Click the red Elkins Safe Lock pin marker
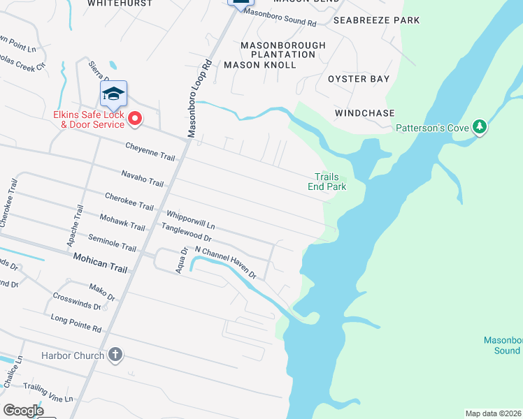click(134, 120)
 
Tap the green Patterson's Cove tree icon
click(479, 127)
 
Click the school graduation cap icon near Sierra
click(113, 93)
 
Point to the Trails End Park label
click(327, 182)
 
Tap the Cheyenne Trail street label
click(150, 152)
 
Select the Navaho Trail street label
click(142, 178)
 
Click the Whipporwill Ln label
click(190, 221)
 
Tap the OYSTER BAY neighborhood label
click(359, 79)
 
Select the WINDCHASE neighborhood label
click(364, 113)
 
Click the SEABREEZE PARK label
click(377, 20)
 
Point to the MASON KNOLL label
click(259, 64)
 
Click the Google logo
click(24, 411)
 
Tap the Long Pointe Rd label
click(76, 322)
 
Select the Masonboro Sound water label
click(503, 345)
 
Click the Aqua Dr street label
click(182, 260)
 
